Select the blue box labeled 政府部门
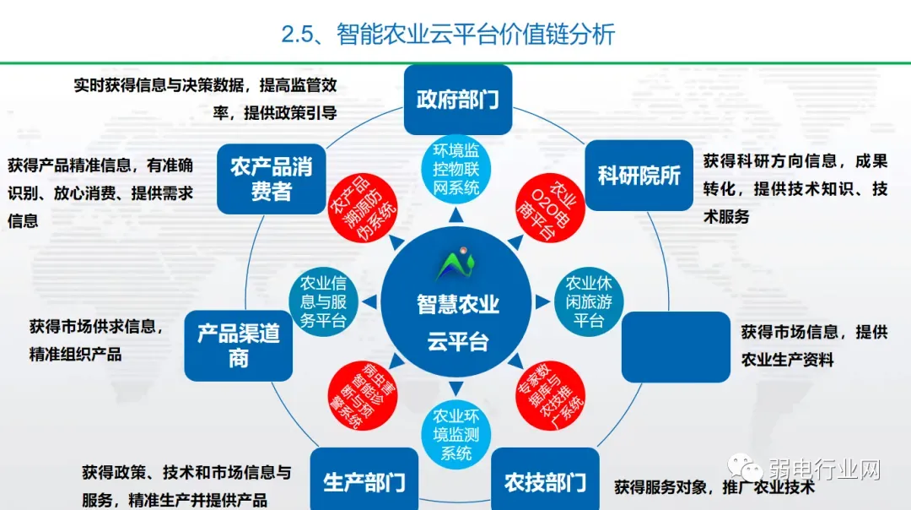458,100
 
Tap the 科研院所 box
639,176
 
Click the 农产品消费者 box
271,178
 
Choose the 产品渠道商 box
239,345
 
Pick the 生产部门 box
364,482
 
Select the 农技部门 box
545,482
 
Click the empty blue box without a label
675,346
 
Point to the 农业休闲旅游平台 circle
589,301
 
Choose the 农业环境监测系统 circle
456,434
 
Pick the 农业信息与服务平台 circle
323,301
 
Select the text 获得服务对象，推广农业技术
714,487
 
